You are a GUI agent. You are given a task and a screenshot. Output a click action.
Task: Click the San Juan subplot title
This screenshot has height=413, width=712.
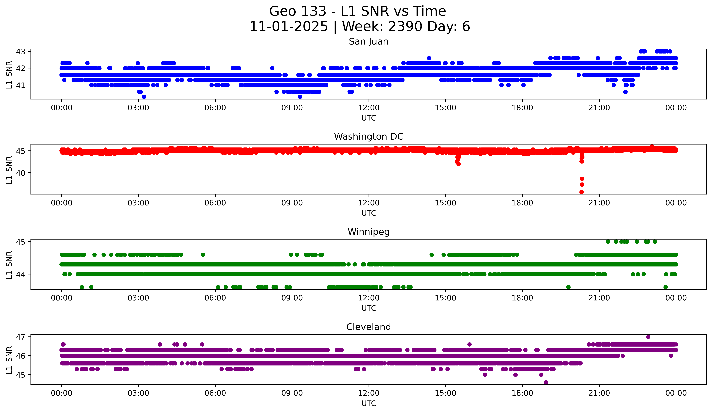(368, 42)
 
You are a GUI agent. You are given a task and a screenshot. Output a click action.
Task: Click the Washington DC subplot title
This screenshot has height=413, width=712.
(368, 137)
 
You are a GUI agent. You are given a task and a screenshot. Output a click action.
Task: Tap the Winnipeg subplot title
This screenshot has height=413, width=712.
(368, 232)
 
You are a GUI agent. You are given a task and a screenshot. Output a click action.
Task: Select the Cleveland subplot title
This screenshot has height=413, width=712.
(368, 327)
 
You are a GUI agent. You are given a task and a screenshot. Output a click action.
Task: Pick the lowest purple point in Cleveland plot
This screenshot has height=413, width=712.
(546, 382)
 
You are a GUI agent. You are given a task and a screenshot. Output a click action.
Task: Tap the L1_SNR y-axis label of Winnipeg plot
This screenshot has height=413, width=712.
(9, 265)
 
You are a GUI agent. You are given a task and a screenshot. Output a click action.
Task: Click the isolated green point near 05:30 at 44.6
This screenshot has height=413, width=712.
(203, 255)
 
